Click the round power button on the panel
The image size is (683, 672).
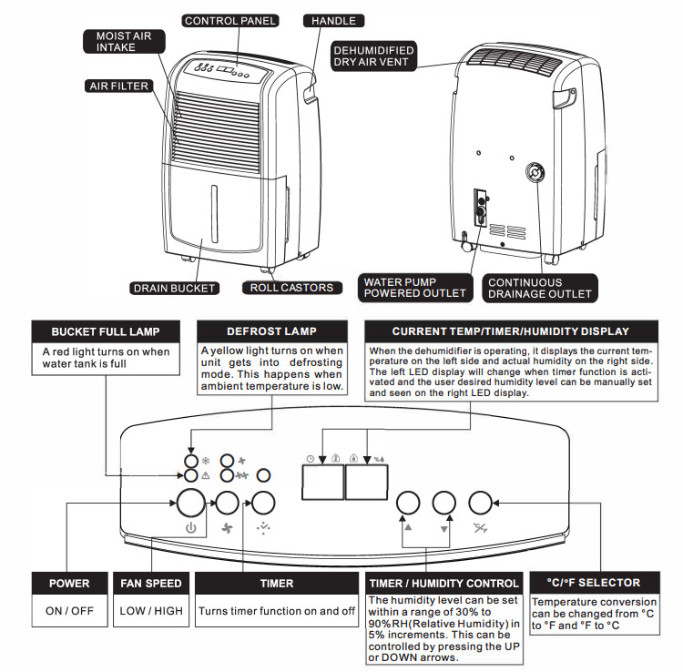point(190,503)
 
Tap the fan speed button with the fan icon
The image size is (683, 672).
point(227,503)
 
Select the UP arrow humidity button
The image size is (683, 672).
point(408,503)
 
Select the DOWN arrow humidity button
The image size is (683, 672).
point(443,503)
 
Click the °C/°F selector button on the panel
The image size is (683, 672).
point(480,503)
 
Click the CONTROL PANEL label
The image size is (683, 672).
point(230,20)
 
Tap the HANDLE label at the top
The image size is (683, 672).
point(333,20)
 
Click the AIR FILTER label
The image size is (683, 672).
point(118,87)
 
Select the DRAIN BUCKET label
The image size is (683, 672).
point(174,289)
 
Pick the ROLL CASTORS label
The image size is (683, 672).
point(291,288)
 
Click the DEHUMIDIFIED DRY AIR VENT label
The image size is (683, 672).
point(374,56)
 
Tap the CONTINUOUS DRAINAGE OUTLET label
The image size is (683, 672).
point(538,289)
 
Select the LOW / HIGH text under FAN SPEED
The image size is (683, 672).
point(150,611)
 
